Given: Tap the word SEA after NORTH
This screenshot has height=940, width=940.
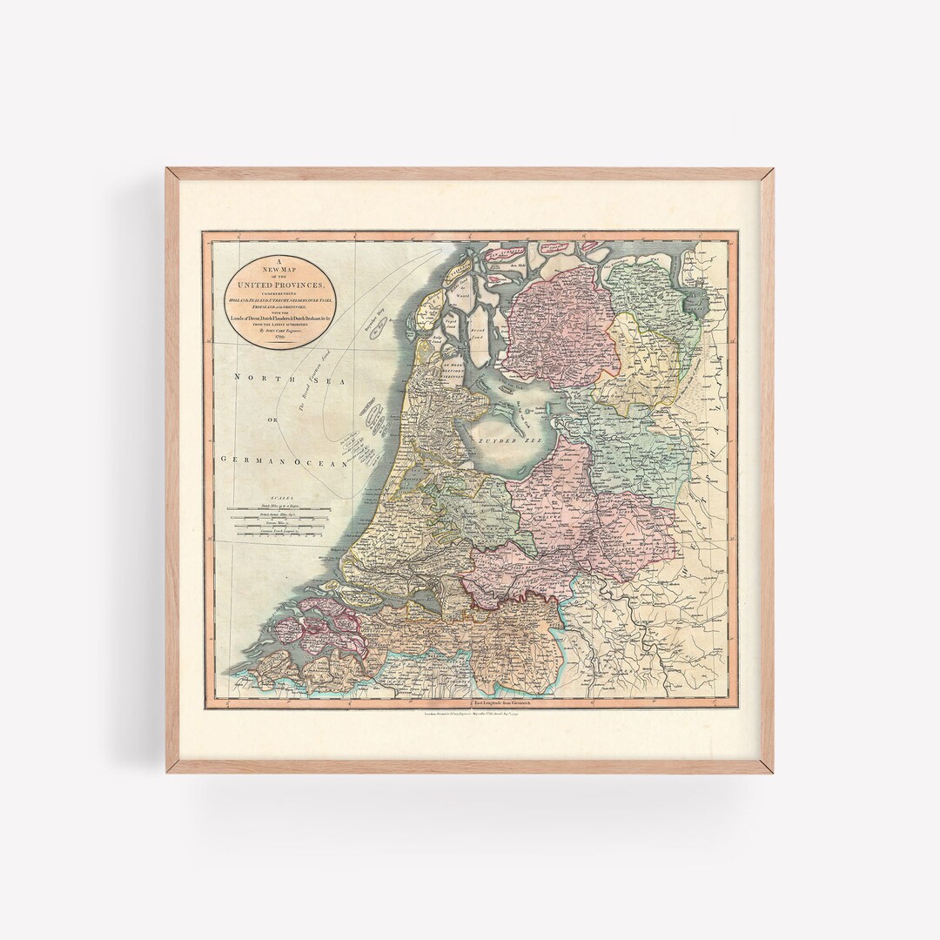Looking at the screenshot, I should [306, 378].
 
